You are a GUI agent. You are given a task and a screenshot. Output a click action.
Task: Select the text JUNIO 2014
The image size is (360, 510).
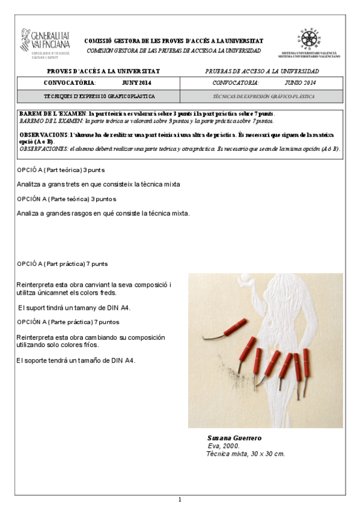301,83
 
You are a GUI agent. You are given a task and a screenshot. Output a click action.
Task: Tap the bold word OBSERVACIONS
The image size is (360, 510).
43,135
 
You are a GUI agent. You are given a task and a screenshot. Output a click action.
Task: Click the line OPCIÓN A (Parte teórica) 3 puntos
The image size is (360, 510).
67,198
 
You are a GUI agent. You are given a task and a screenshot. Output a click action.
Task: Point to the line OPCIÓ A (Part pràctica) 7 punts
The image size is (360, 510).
63,263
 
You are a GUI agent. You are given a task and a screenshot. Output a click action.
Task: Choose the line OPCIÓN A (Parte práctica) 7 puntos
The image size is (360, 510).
69,322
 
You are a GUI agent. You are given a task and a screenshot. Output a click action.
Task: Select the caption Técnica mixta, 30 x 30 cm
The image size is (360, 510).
245,453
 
